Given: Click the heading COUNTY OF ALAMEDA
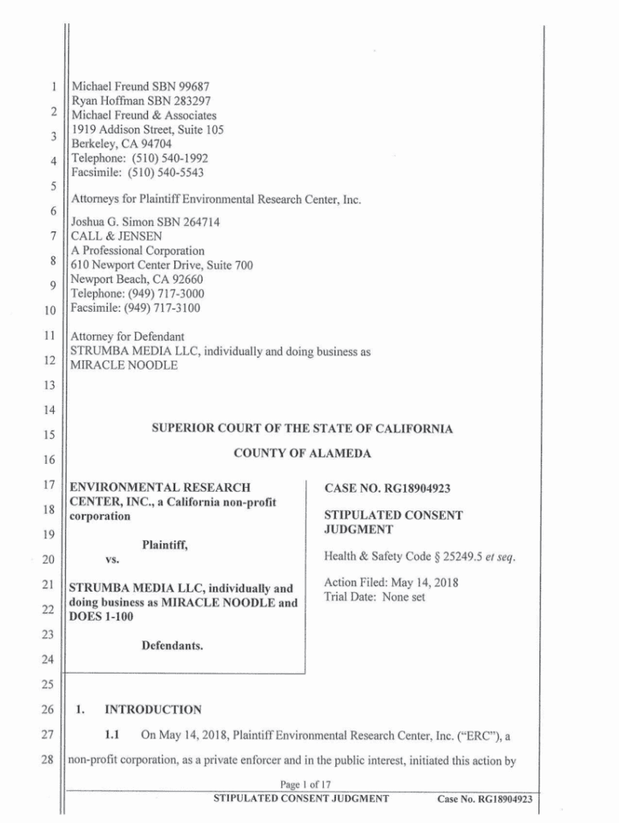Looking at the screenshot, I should click(302, 454).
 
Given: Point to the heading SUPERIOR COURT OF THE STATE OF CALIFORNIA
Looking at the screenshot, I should click(302, 429).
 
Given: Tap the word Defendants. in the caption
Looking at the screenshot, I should click(172, 645).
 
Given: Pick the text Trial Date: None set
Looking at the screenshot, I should click(374, 597).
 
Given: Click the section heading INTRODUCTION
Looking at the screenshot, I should click(153, 710).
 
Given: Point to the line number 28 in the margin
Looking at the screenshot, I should click(47, 760).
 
